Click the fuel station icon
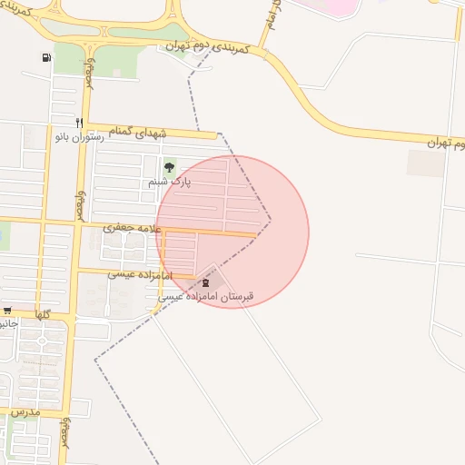[x=45, y=59]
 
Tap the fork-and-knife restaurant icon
[x=80, y=123]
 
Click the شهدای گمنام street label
[x=139, y=134]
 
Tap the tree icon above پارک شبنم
[x=168, y=167]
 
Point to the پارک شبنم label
[x=168, y=183]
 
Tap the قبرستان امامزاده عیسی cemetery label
[x=206, y=296]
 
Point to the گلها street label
[x=41, y=313]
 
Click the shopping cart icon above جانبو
[x=7, y=310]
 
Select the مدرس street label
[x=26, y=412]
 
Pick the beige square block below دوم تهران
[x=425, y=163]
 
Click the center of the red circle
[x=232, y=232]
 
